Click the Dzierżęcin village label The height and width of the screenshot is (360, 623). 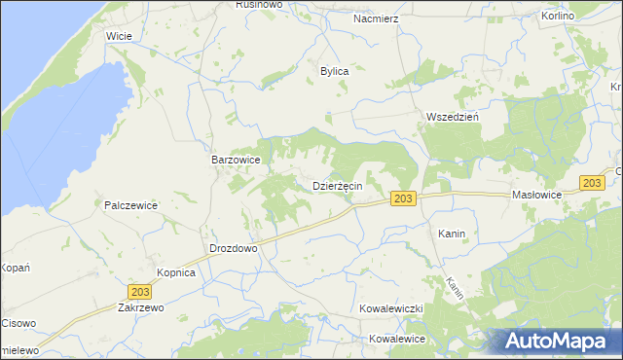pyautogui.click(x=338, y=186)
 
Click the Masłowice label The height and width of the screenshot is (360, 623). pyautogui.click(x=537, y=195)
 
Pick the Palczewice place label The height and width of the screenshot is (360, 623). pyautogui.click(x=131, y=205)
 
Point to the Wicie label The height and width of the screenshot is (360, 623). pyautogui.click(x=119, y=36)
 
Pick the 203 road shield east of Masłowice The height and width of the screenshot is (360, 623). pyautogui.click(x=591, y=183)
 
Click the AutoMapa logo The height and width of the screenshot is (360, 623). pyautogui.click(x=558, y=342)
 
